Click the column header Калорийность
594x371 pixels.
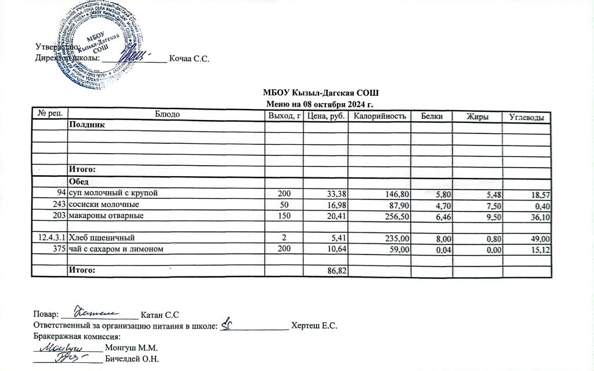pos(378,117)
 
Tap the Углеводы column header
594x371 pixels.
pos(526,118)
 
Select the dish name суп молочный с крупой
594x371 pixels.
pos(113,192)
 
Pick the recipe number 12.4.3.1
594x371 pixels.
pos(51,238)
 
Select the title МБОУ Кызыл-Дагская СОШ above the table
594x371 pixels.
pos(320,94)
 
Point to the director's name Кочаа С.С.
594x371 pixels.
pos(189,59)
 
